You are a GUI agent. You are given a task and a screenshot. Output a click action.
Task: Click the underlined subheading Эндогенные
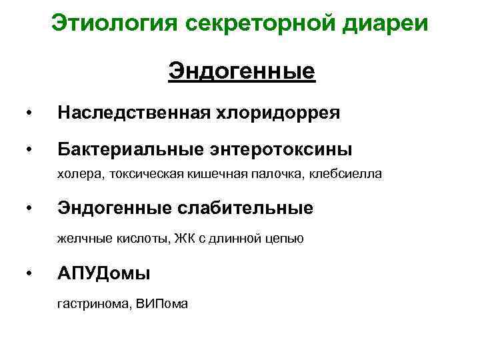241,70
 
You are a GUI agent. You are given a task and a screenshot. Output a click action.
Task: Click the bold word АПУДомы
103,273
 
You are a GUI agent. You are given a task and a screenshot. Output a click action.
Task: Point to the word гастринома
94,303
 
